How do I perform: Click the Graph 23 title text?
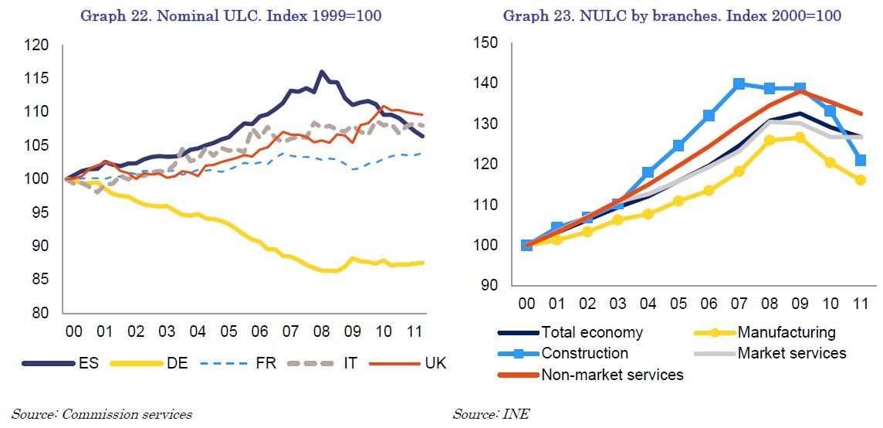[x=672, y=15]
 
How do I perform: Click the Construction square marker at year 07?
[x=739, y=83]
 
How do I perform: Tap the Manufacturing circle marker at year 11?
[x=861, y=180]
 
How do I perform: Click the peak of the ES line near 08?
[x=320, y=72]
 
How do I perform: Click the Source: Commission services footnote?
[x=102, y=415]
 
